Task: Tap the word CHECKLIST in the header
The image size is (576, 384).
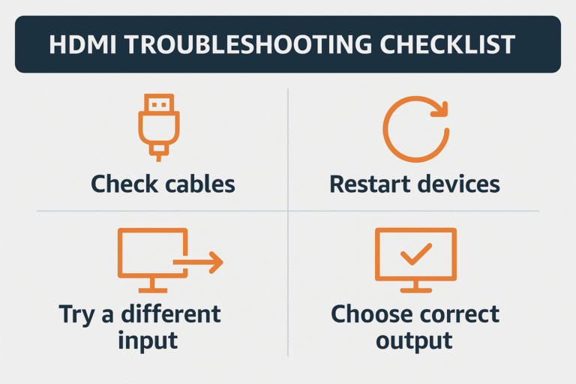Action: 437,44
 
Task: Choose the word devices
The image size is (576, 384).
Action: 460,184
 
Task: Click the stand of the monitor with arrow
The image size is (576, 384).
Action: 152,286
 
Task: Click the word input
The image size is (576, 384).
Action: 148,340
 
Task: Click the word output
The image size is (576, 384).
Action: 414,340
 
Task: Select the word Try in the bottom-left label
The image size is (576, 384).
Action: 76,313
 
